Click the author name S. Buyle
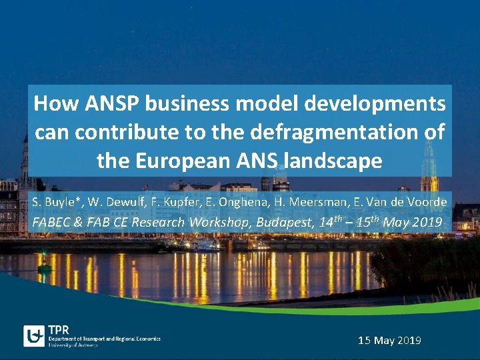click(57, 201)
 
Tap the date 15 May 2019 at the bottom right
click(389, 341)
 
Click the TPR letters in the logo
click(58, 330)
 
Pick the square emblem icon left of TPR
click(34, 336)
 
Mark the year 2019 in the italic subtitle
click(427, 223)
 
